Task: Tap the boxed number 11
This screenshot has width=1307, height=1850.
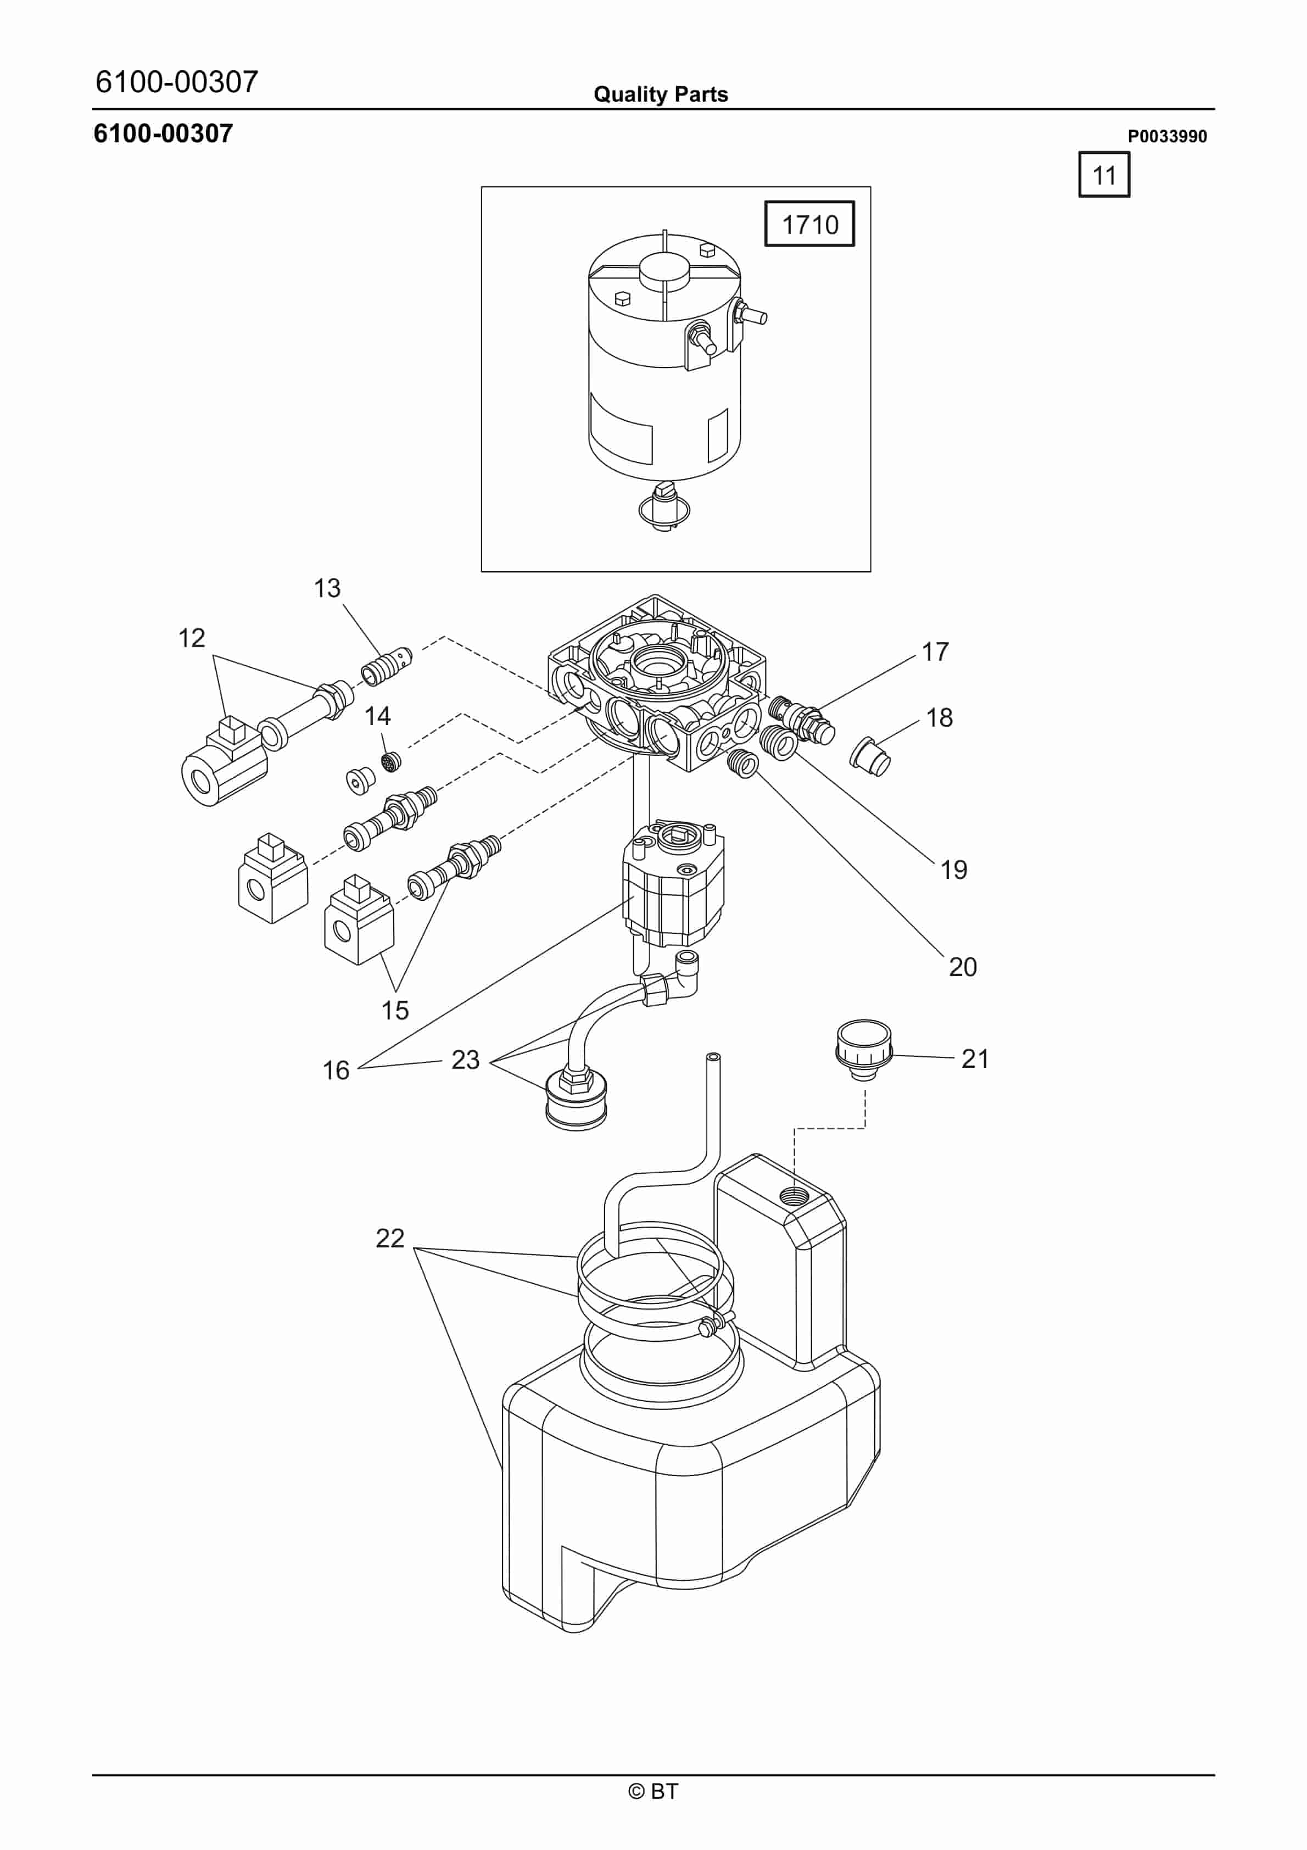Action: pos(1104,175)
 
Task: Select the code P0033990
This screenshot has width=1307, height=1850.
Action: pos(1167,136)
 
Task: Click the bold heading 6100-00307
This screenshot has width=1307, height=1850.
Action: pos(164,133)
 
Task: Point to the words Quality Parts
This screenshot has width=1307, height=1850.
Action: pos(661,94)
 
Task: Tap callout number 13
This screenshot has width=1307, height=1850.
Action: pos(327,588)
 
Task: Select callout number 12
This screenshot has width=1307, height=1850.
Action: pos(192,638)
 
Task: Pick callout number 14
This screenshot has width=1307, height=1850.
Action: pos(377,716)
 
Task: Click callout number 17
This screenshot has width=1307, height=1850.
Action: pos(936,652)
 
